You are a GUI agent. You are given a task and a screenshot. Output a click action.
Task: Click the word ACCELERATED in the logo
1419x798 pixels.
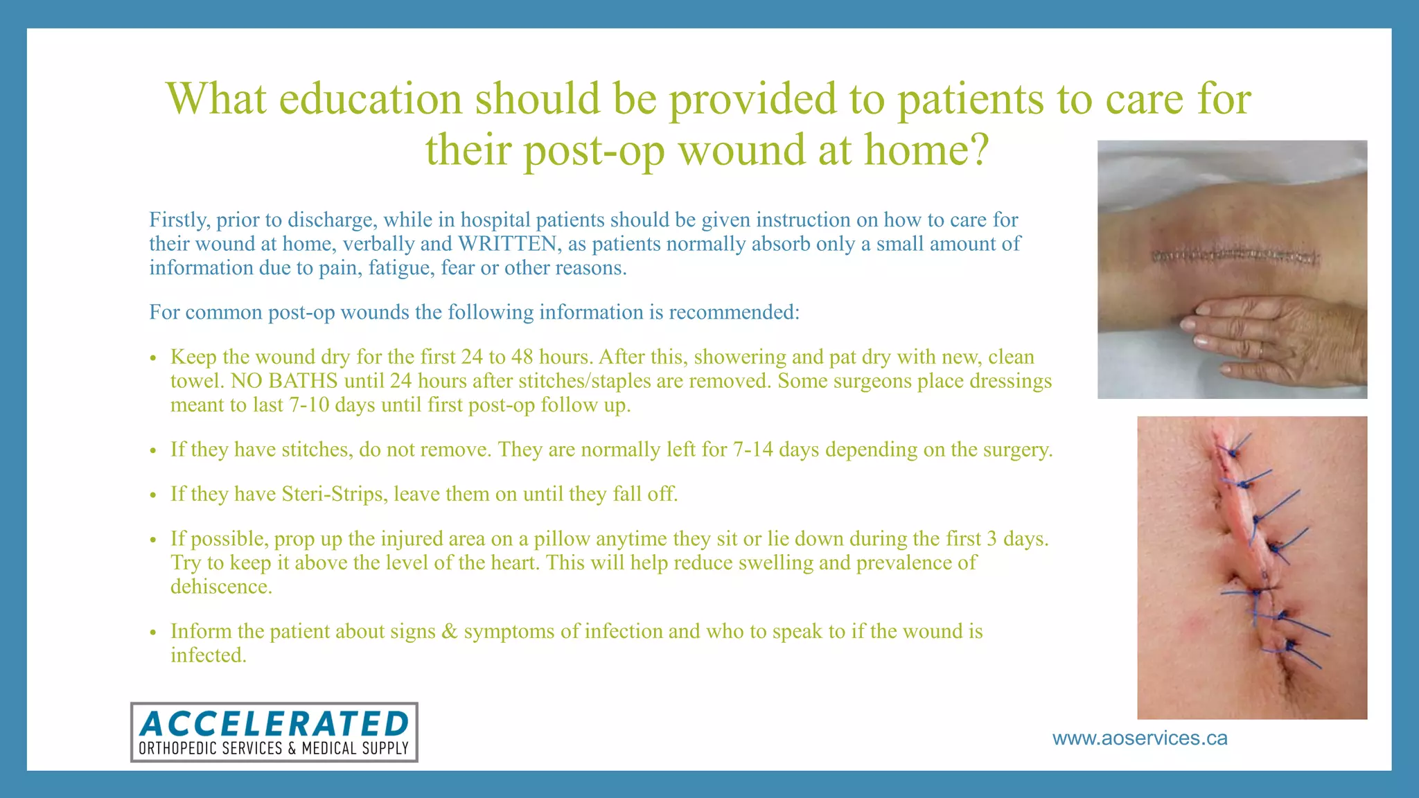pos(274,724)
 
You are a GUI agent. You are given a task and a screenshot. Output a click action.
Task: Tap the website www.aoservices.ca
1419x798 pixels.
pos(1140,738)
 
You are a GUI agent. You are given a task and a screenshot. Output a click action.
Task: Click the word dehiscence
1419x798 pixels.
pos(221,587)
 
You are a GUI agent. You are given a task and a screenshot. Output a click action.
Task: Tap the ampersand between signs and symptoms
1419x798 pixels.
pos(449,632)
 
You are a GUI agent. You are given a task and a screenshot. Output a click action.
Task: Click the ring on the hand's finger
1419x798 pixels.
pos(1260,351)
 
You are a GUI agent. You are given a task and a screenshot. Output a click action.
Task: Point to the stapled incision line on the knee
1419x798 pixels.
pos(1235,257)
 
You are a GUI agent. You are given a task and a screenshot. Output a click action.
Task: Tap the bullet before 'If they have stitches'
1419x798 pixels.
pos(154,451)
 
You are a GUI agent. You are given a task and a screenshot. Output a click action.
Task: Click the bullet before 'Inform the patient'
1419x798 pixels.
pos(154,632)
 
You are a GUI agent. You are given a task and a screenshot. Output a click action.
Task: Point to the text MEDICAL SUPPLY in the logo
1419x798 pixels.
pos(355,748)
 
